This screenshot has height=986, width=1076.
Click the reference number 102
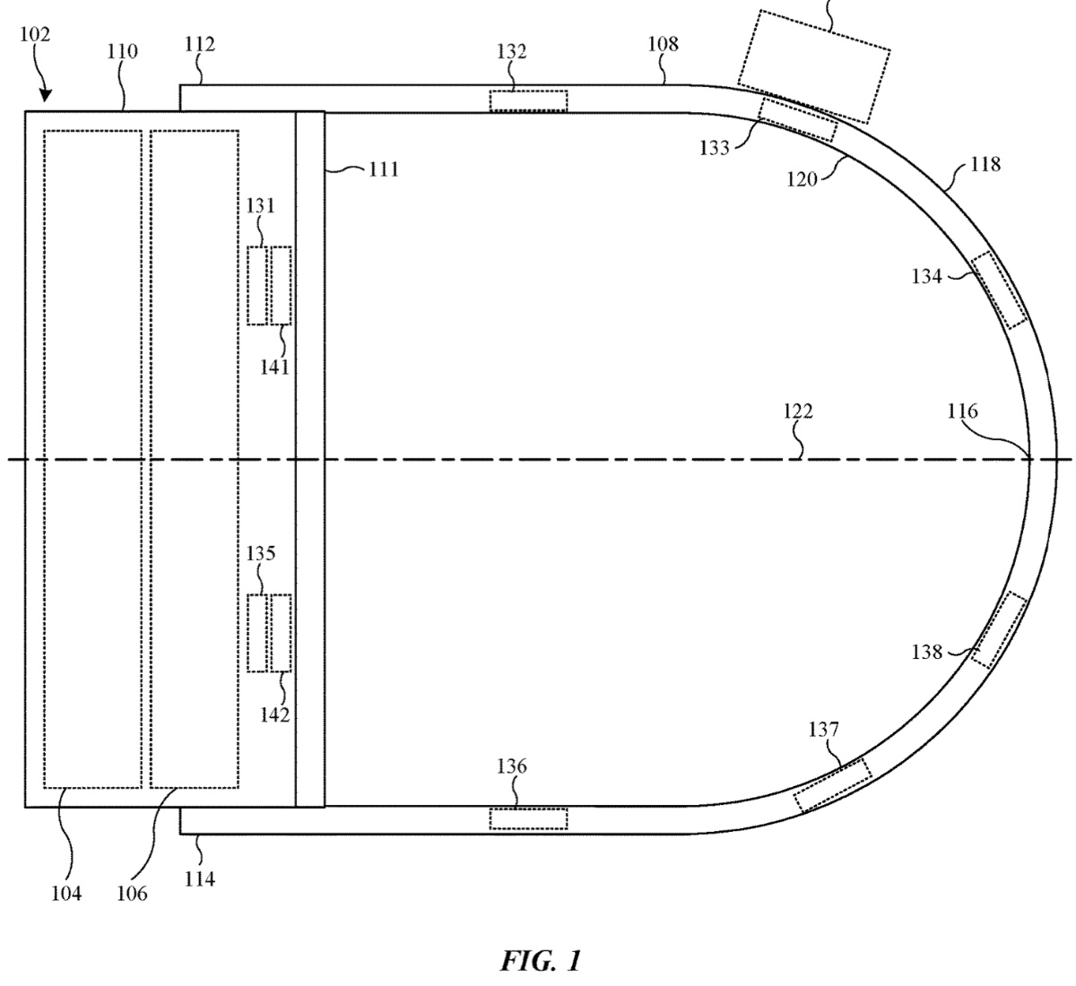point(33,36)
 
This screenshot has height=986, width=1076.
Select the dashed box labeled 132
point(528,99)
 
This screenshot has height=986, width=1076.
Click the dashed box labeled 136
point(528,818)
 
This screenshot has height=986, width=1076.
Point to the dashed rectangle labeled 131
point(258,285)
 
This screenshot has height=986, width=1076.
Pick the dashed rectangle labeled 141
point(281,285)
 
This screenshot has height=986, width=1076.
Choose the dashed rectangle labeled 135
point(258,633)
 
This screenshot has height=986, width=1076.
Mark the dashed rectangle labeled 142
point(281,633)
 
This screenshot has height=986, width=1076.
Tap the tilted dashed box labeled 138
point(997,630)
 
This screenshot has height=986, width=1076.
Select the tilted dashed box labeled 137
point(832,785)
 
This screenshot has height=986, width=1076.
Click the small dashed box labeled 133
point(798,119)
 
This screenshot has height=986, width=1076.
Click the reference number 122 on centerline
point(797,411)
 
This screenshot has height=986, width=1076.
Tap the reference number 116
point(962,411)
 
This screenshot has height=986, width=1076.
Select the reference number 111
point(383,169)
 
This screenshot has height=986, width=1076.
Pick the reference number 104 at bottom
point(65,893)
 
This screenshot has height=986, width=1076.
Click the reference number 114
point(199,879)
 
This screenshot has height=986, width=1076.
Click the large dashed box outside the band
point(813,65)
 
